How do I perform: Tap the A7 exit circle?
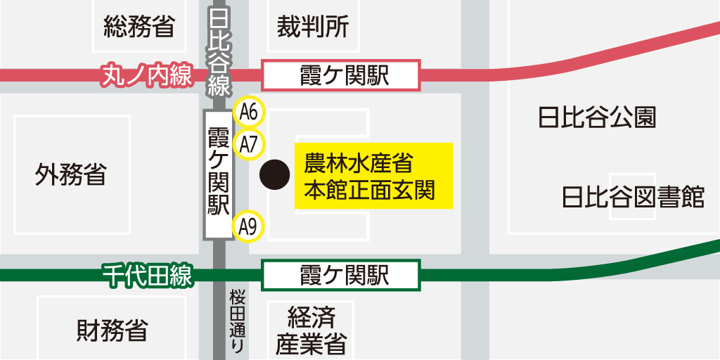(x=249, y=144)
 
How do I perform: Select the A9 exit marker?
(x=248, y=226)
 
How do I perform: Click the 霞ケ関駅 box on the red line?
(x=341, y=75)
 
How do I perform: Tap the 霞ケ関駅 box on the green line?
(x=341, y=275)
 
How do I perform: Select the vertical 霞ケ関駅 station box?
(x=219, y=175)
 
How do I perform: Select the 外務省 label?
(x=70, y=174)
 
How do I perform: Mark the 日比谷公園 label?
(x=596, y=117)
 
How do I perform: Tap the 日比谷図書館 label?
(x=633, y=197)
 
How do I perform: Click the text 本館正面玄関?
(x=369, y=191)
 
